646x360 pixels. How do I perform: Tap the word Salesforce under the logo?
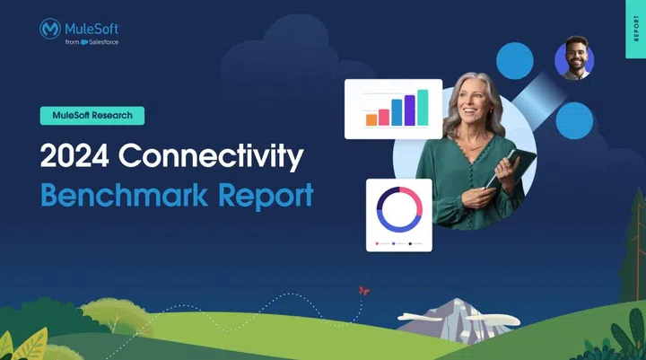click(102, 41)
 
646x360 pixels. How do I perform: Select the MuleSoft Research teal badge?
click(92, 115)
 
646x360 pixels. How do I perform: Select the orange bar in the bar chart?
click(371, 119)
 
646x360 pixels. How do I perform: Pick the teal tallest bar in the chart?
click(423, 108)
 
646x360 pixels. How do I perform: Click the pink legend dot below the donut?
click(377, 243)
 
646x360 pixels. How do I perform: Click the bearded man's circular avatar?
click(574, 59)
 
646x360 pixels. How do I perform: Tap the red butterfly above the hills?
click(363, 291)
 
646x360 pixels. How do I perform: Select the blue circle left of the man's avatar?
click(515, 60)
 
